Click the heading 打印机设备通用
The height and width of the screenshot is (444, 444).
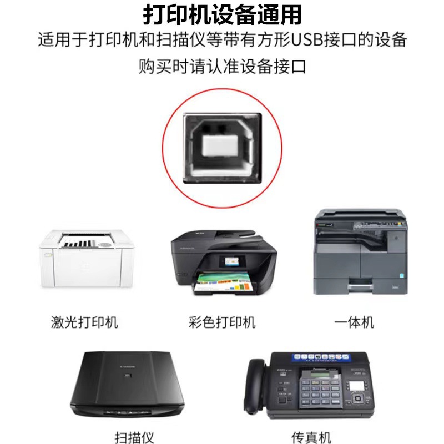(222, 14)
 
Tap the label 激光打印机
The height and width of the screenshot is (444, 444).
(84, 322)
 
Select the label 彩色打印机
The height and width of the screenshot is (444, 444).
(222, 322)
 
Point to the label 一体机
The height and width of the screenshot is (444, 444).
(355, 322)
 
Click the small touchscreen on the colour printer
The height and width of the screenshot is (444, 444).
(229, 260)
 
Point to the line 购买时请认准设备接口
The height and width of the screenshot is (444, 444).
(222, 67)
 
